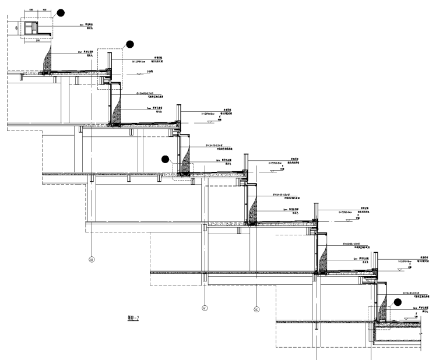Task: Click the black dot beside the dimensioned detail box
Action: tap(61, 12)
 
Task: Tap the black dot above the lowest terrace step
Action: tap(398, 302)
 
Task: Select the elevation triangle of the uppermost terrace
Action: tap(140, 73)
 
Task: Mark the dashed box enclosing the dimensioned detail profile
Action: tap(36, 27)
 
